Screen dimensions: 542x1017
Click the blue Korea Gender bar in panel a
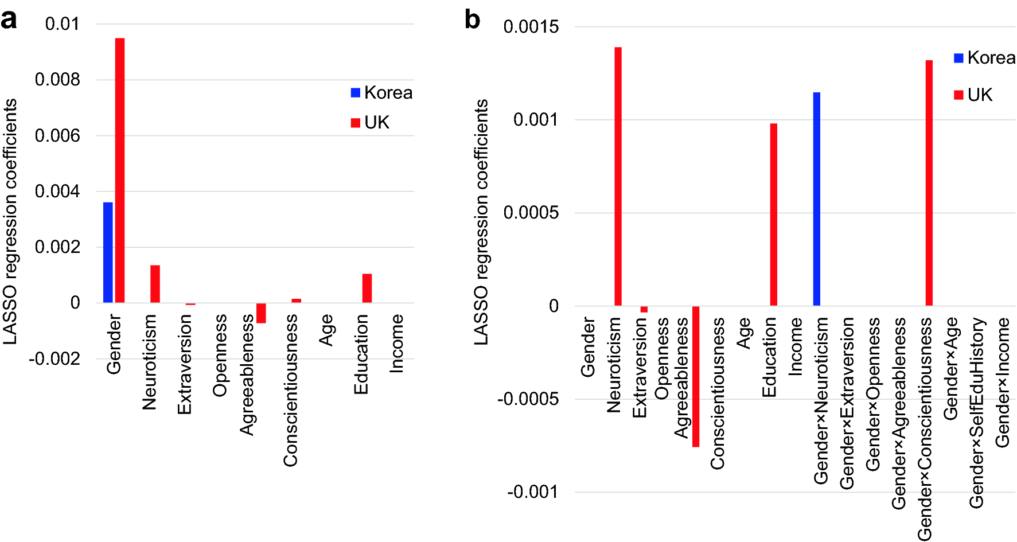[108, 252]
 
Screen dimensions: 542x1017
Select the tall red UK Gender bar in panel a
[120, 170]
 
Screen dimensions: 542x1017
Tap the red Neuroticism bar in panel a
[155, 284]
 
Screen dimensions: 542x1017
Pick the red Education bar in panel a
[367, 288]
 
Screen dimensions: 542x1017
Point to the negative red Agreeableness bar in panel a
[261, 313]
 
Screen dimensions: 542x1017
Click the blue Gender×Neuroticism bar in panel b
[816, 199]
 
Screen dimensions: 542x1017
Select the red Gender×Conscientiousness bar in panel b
[929, 183]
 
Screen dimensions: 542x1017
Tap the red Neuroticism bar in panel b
[618, 177]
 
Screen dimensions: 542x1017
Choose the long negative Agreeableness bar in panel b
[696, 376]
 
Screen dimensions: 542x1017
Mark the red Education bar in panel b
[774, 215]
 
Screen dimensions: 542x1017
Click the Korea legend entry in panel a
[381, 93]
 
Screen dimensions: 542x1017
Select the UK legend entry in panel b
[973, 95]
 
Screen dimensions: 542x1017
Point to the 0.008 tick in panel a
[57, 80]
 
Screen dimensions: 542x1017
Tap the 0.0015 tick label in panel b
[531, 27]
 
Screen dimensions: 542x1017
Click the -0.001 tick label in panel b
[532, 492]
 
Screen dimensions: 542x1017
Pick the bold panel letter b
[472, 20]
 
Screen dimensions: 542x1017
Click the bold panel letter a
[9, 20]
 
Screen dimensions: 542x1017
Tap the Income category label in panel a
[396, 344]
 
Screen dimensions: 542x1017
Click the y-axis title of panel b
[481, 222]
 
